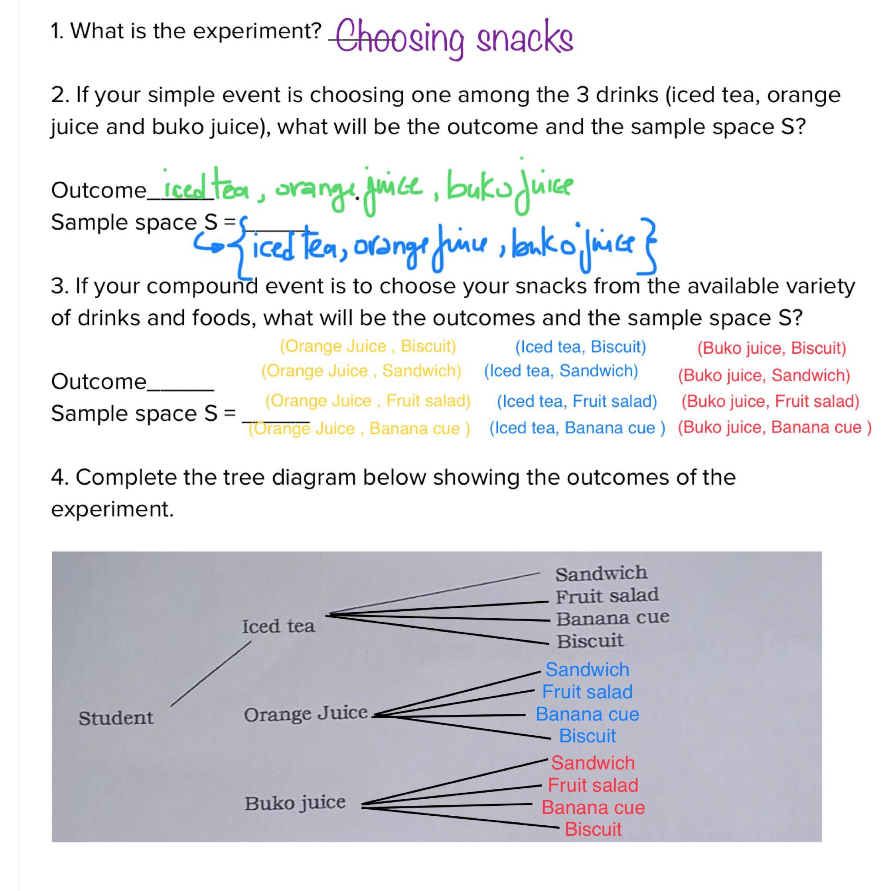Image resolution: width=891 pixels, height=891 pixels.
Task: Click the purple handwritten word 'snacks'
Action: pyautogui.click(x=524, y=39)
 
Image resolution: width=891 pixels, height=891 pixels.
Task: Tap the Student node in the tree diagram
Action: pyautogui.click(x=115, y=717)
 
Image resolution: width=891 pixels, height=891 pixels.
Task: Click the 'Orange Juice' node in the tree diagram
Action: pyautogui.click(x=305, y=714)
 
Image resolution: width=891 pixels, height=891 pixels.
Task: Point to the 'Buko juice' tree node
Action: pyautogui.click(x=295, y=803)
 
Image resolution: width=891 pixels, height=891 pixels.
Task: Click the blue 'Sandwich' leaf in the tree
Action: pyautogui.click(x=587, y=669)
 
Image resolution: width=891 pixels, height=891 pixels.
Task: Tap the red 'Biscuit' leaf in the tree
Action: pyautogui.click(x=593, y=829)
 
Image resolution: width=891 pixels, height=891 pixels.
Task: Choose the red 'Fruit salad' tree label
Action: pyautogui.click(x=593, y=784)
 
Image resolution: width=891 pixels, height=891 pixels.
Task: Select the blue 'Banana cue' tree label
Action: pyautogui.click(x=587, y=714)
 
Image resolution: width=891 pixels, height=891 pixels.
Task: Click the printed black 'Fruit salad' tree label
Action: pyautogui.click(x=607, y=596)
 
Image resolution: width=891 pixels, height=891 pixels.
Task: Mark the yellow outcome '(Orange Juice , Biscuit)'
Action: pyautogui.click(x=368, y=346)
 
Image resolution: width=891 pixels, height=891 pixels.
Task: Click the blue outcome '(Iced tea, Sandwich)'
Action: pyautogui.click(x=561, y=370)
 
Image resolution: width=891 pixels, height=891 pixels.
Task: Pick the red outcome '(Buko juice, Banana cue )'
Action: pyautogui.click(x=774, y=427)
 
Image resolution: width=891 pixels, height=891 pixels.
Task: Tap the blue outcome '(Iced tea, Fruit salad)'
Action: pyautogui.click(x=576, y=401)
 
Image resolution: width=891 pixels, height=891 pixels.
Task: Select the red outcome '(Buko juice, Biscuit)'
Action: pyautogui.click(x=771, y=348)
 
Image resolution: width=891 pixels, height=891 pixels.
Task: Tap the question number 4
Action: pyautogui.click(x=60, y=477)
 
